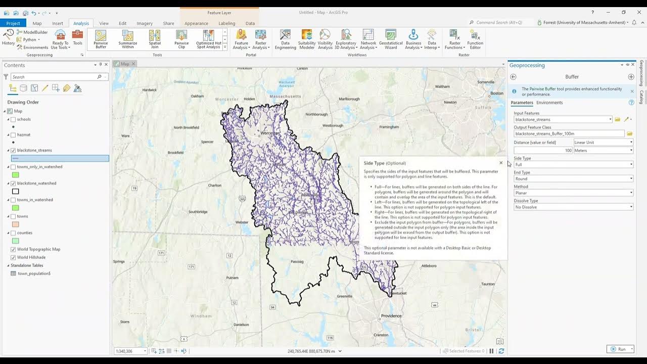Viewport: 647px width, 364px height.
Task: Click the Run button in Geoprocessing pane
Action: tap(620, 349)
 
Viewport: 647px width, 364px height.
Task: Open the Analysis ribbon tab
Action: tap(81, 23)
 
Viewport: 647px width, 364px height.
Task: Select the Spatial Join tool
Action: tap(155, 38)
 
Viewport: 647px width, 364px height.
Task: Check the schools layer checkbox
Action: tap(13, 119)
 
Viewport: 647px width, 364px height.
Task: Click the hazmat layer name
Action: tap(24, 135)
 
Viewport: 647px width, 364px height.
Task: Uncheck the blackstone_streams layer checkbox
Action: tap(13, 150)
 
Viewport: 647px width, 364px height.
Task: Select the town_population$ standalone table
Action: tap(34, 274)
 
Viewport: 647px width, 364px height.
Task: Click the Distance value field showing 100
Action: tap(543, 151)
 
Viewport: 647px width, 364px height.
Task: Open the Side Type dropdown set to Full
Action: tap(573, 165)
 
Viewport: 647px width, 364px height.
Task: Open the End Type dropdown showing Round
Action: tap(573, 179)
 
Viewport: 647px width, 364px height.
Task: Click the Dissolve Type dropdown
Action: tap(573, 207)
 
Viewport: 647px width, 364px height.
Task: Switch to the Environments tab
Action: tap(549, 103)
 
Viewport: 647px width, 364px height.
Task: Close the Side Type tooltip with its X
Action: tap(501, 163)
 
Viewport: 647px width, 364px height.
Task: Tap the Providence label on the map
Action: tap(391, 316)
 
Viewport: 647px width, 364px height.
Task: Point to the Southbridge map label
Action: tap(198, 212)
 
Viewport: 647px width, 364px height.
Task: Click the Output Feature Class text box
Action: tap(569, 134)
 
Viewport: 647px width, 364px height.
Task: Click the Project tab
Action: tap(13, 23)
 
